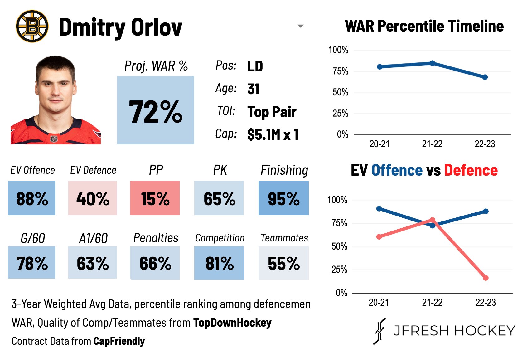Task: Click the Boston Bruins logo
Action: click(x=32, y=26)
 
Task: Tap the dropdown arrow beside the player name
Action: click(x=301, y=26)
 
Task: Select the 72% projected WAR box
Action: click(x=155, y=110)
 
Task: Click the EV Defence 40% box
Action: click(x=93, y=198)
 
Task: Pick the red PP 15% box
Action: click(x=155, y=198)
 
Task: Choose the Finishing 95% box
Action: click(x=283, y=198)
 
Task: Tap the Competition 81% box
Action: click(x=219, y=263)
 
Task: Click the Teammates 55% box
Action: click(x=283, y=263)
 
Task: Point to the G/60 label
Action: click(x=33, y=238)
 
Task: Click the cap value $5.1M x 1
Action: click(x=273, y=134)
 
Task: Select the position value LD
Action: click(x=255, y=66)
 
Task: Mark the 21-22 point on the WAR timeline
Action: click(x=432, y=63)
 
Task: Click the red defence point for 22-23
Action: click(x=486, y=278)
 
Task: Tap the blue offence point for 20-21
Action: click(x=379, y=208)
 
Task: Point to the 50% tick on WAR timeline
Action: click(x=340, y=92)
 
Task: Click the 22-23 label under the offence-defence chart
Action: click(x=485, y=302)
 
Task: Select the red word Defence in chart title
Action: click(x=471, y=170)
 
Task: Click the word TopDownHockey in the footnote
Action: click(x=232, y=323)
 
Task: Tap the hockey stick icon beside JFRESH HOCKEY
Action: click(x=380, y=331)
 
